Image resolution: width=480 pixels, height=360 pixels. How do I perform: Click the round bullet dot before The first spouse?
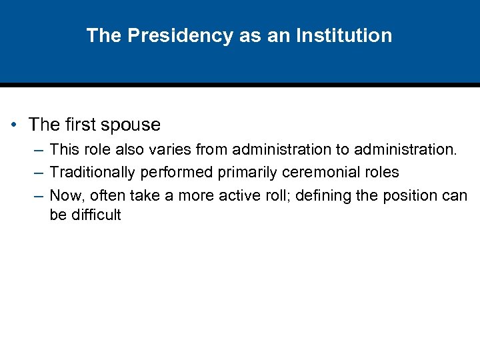tap(14, 125)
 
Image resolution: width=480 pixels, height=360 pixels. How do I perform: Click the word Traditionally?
tap(93, 172)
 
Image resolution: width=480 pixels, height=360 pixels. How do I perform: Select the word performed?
tap(175, 172)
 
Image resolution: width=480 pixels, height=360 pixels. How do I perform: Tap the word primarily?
tap(246, 172)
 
